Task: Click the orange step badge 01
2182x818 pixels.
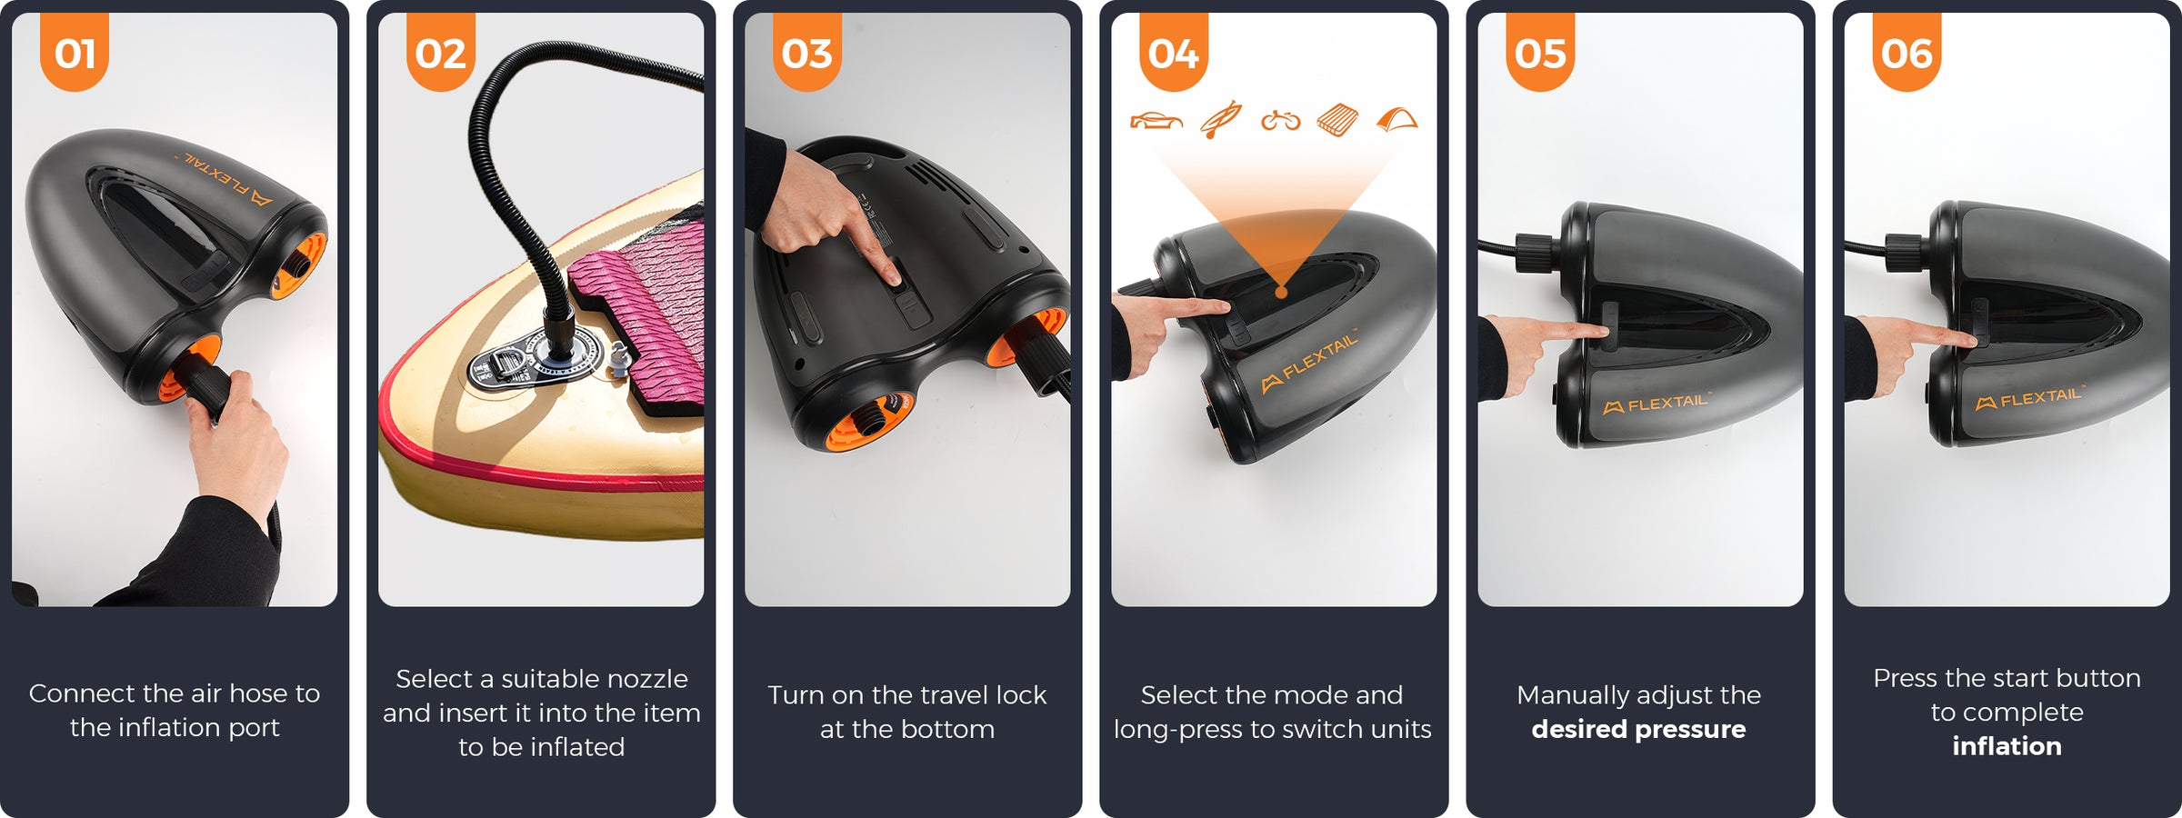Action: point(75,52)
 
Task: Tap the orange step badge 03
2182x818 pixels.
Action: point(807,52)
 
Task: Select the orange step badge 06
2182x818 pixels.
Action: point(1907,52)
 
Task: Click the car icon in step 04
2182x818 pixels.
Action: point(1156,121)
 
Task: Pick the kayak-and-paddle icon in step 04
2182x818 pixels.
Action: point(1220,119)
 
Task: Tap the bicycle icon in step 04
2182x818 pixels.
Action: point(1280,120)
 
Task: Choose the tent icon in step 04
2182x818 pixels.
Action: point(1396,119)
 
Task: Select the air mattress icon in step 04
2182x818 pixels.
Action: point(1337,120)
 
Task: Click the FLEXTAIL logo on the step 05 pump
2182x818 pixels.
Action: point(1657,403)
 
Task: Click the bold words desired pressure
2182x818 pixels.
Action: point(1638,729)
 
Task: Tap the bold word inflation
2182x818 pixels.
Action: point(2007,746)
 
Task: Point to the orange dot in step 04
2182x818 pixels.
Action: point(1281,293)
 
